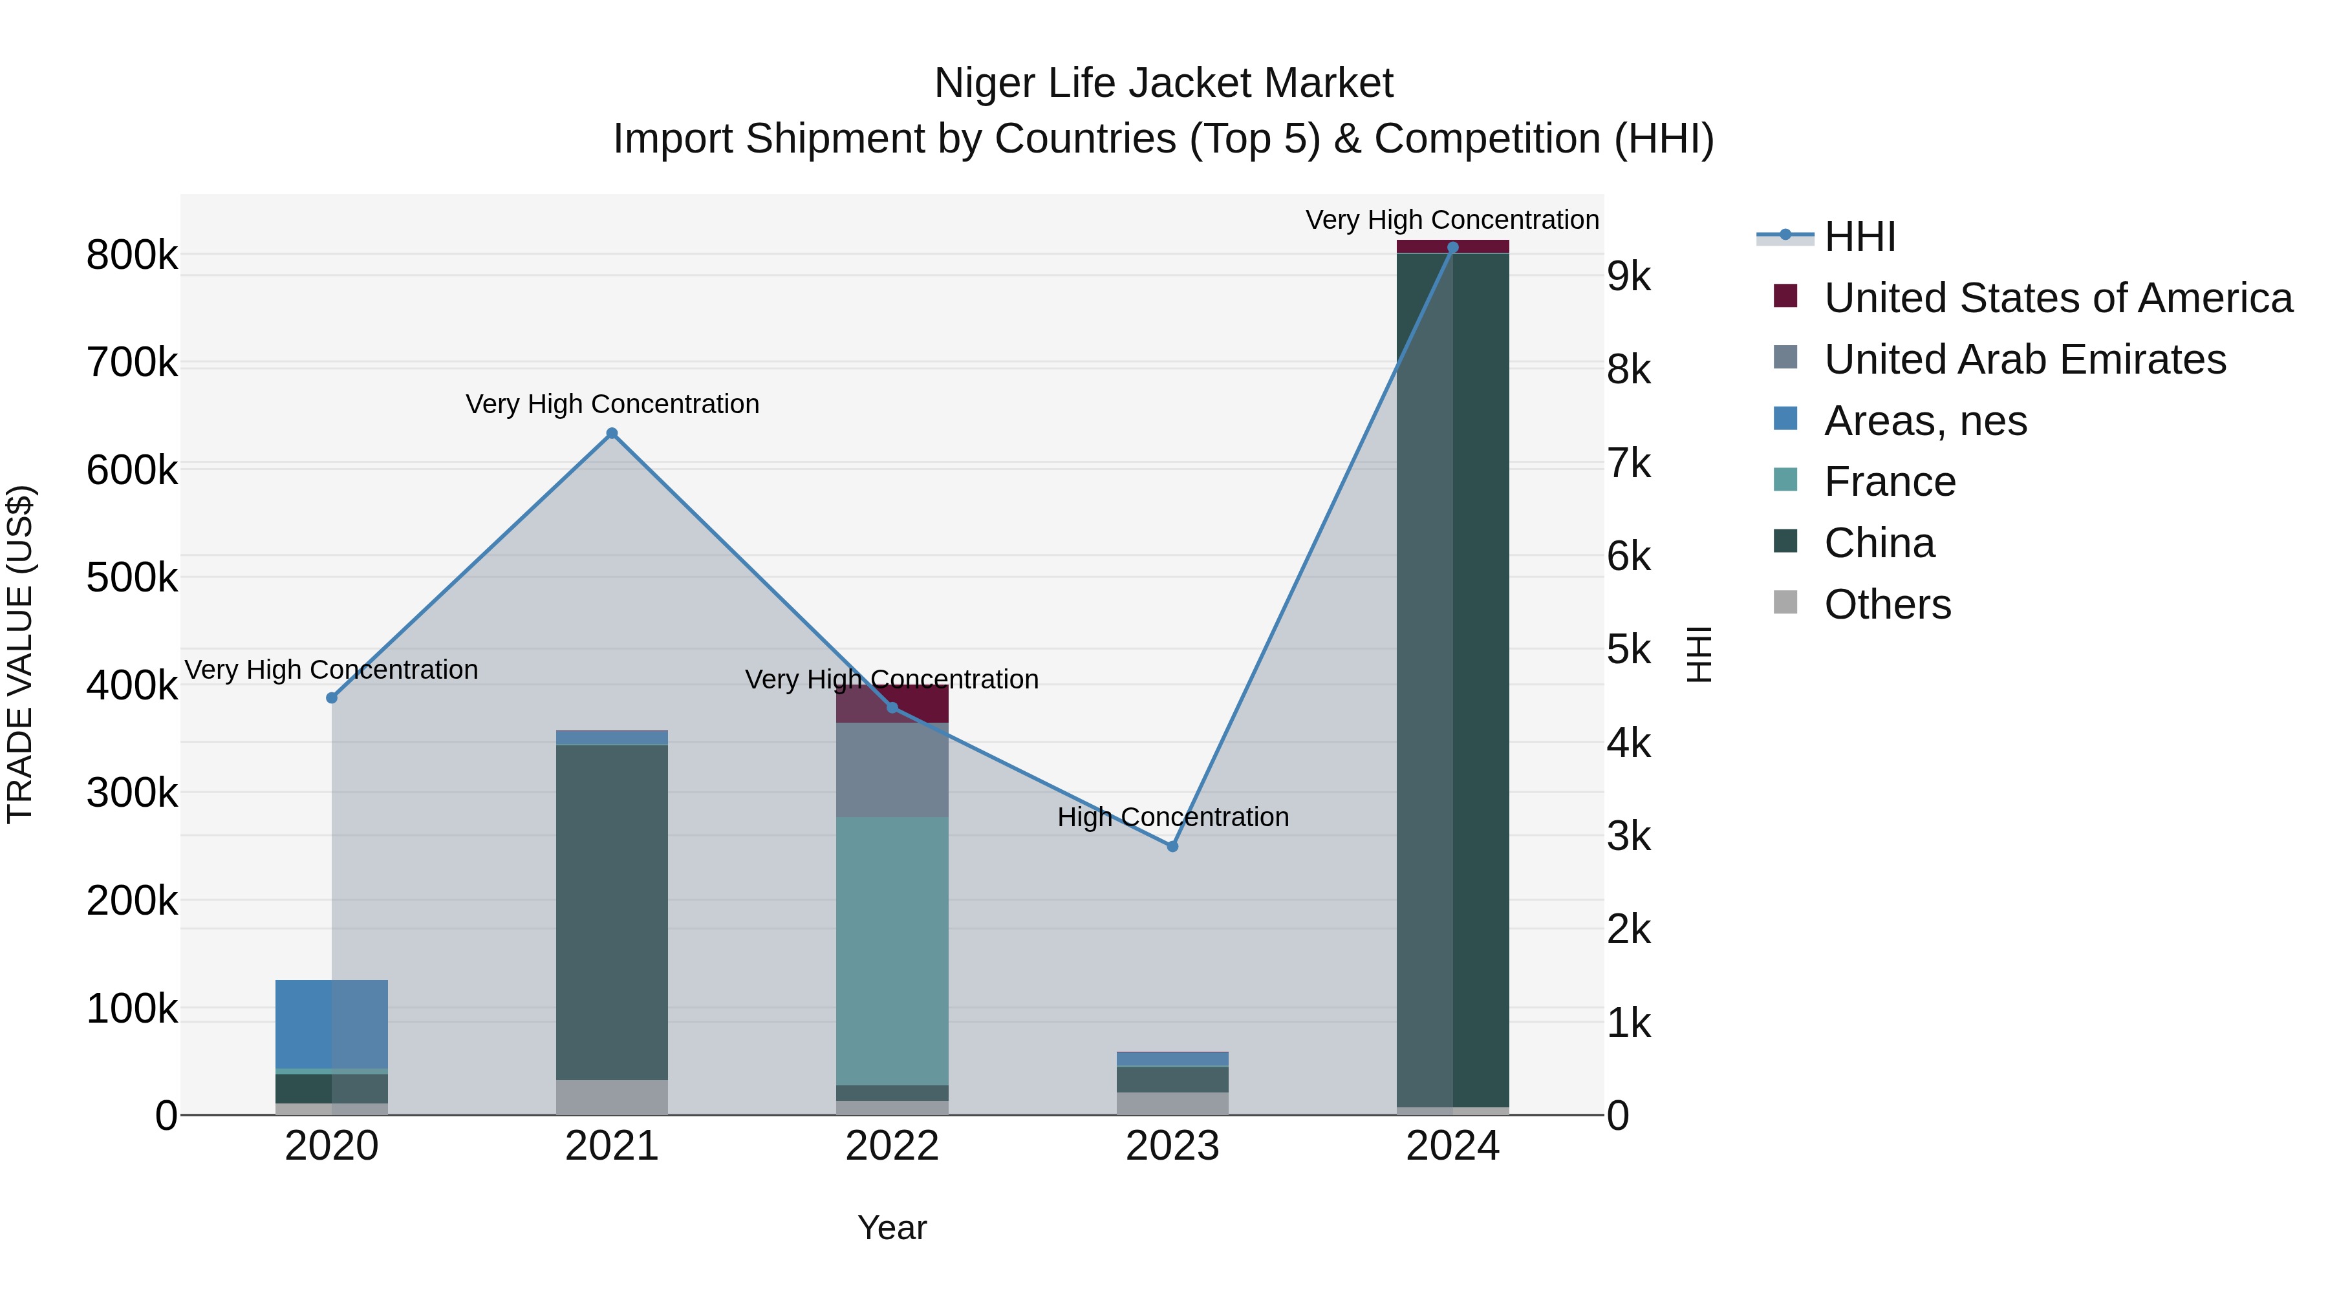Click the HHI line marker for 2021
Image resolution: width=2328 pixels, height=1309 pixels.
click(612, 434)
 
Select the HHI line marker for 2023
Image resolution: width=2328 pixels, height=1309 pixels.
click(1172, 846)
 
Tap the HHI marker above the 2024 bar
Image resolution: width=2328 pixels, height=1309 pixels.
click(1452, 248)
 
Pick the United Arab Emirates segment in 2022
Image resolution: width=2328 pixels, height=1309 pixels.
click(892, 770)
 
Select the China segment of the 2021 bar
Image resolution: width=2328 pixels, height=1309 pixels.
click(612, 912)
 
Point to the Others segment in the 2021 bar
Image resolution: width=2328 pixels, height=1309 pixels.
click(612, 1097)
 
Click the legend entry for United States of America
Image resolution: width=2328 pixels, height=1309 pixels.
click(2057, 298)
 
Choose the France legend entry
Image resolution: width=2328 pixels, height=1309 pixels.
click(1889, 482)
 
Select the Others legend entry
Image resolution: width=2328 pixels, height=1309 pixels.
click(1887, 604)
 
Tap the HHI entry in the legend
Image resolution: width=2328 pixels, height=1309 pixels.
click(1859, 237)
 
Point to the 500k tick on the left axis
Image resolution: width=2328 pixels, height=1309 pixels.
click(132, 577)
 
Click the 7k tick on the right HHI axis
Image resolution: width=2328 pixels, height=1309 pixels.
click(1628, 463)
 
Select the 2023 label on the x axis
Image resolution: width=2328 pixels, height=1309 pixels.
click(1172, 1146)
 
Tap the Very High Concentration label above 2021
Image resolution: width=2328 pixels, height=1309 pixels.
click(612, 404)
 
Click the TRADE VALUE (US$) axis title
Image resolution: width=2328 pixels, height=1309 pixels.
click(20, 654)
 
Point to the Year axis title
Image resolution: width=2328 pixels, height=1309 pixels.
click(892, 1228)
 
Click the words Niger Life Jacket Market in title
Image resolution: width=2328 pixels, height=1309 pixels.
click(1163, 83)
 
